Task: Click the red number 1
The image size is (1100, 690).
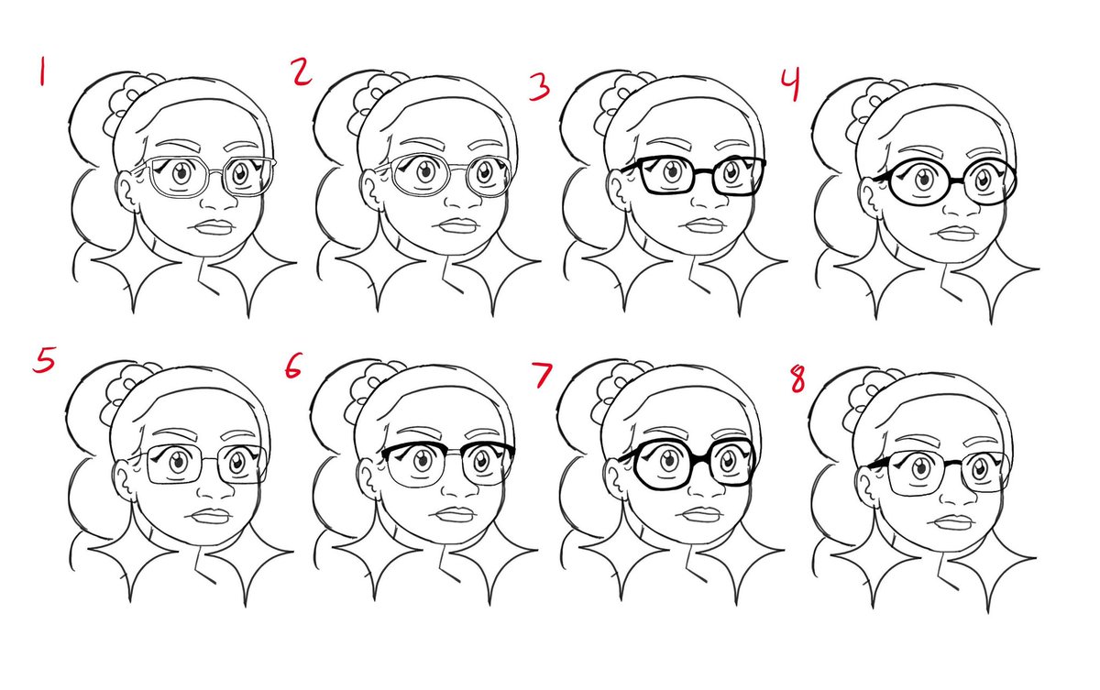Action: click(x=42, y=71)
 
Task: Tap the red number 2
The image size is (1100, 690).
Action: click(x=301, y=72)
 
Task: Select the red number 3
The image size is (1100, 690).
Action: click(x=539, y=87)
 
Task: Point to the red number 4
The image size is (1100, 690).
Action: click(x=791, y=84)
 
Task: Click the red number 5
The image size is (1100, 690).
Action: click(x=44, y=360)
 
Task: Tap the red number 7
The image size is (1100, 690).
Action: click(x=542, y=376)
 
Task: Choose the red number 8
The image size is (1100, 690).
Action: click(x=797, y=380)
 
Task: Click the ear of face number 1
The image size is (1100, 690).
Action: click(x=127, y=192)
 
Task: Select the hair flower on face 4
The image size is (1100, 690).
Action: click(x=870, y=108)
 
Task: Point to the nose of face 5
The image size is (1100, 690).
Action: click(x=216, y=487)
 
